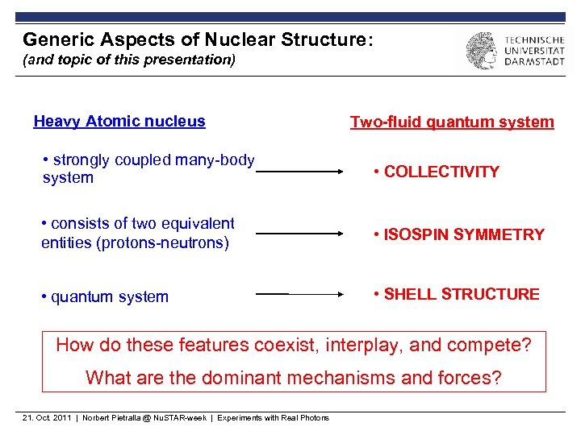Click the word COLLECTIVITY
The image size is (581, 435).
(x=441, y=172)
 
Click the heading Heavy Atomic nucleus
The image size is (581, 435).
(x=119, y=122)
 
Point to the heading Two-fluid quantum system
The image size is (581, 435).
(x=452, y=122)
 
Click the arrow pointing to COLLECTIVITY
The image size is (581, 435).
(x=300, y=171)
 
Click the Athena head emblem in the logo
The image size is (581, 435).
(x=481, y=50)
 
